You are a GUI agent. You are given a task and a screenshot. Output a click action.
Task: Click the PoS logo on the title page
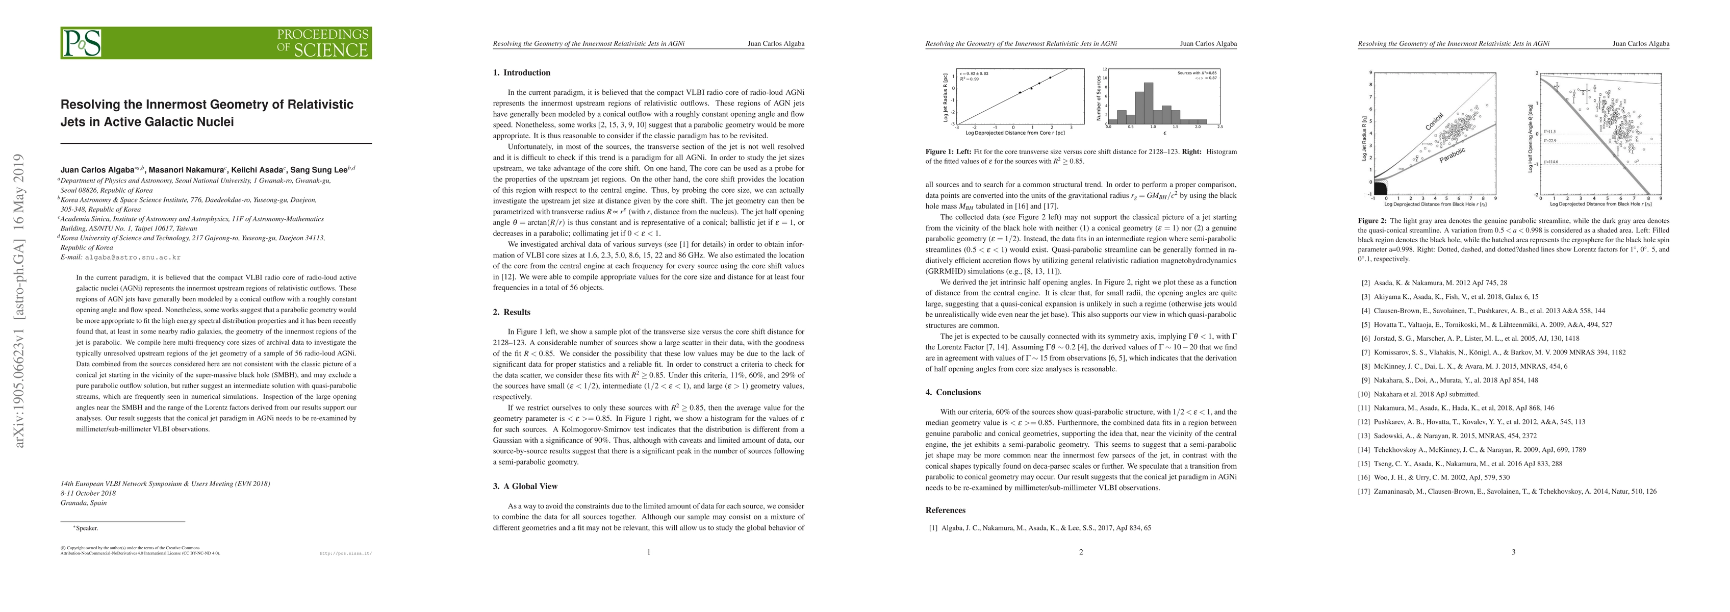click(82, 43)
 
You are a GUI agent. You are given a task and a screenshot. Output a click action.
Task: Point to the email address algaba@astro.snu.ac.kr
click(132, 258)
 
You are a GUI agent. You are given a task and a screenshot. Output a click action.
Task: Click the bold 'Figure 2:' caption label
click(1371, 220)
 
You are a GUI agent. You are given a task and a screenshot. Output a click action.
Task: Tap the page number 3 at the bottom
click(1513, 552)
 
